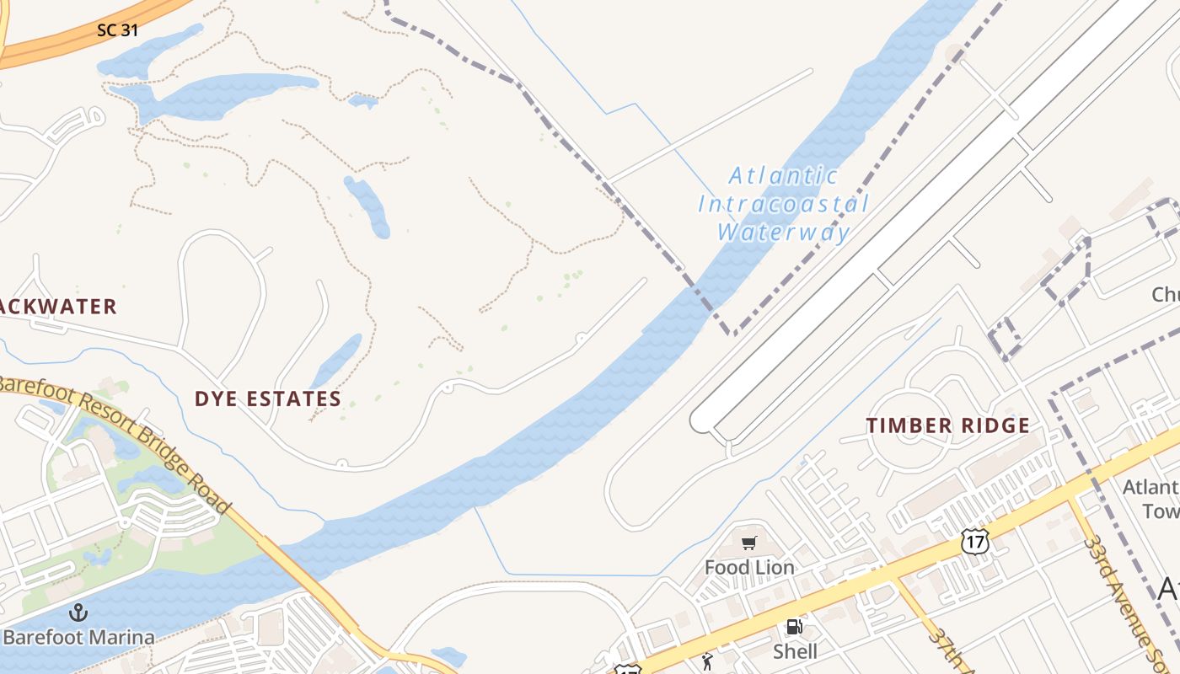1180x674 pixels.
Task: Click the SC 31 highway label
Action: pos(117,30)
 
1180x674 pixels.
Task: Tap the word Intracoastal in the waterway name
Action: pos(783,204)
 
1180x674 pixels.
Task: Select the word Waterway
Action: pos(783,233)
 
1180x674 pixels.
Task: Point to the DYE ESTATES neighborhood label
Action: pos(268,399)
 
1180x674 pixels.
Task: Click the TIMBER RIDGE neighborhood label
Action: pos(948,425)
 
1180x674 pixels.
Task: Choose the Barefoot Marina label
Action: pos(78,637)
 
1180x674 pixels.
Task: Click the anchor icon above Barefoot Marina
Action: pos(78,612)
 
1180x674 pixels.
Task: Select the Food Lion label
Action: pos(749,568)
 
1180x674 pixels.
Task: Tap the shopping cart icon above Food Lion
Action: pos(749,543)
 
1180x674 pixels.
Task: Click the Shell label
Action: pos(795,651)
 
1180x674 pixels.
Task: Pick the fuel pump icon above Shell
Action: pos(794,627)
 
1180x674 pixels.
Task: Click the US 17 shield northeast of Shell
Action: pos(974,542)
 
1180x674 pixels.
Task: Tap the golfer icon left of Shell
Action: pos(706,661)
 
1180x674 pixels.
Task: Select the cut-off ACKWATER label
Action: pos(57,307)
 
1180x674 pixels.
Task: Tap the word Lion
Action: pos(775,568)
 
